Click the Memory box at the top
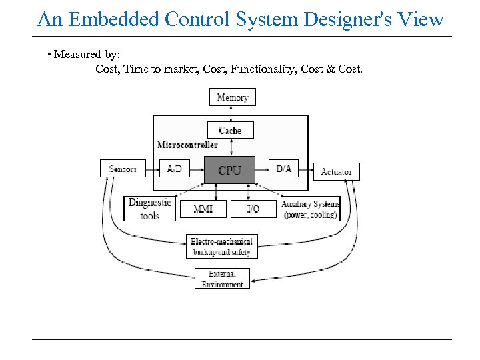(x=233, y=97)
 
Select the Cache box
(x=230, y=130)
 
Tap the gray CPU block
(x=229, y=171)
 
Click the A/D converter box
(x=175, y=169)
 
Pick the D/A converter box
(x=284, y=169)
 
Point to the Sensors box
(x=123, y=169)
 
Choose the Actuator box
(x=336, y=172)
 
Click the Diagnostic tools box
(x=150, y=209)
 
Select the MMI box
(x=203, y=209)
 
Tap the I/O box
(x=253, y=209)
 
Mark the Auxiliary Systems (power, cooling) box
(x=310, y=209)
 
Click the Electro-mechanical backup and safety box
(x=222, y=247)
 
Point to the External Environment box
(x=222, y=279)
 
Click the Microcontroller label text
(x=187, y=145)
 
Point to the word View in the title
(x=425, y=19)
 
